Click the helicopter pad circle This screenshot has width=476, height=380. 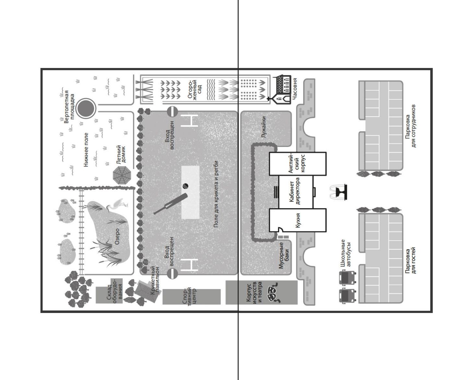(86, 108)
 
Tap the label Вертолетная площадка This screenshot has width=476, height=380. (69, 106)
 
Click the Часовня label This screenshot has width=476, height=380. (294, 88)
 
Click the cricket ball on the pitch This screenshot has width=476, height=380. (185, 186)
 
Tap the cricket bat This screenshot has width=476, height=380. (171, 204)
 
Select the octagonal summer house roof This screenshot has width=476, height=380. (122, 175)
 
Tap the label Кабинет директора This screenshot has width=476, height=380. (295, 191)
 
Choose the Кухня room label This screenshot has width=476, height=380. (298, 220)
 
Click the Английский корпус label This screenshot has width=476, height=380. (297, 163)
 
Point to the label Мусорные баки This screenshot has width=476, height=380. (284, 255)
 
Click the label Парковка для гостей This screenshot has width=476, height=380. (411, 261)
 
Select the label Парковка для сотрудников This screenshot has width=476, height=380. (411, 126)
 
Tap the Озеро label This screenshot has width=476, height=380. (117, 237)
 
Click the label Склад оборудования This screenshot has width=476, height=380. (114, 289)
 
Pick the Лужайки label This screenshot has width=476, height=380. (263, 127)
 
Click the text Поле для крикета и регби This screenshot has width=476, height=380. (216, 194)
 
